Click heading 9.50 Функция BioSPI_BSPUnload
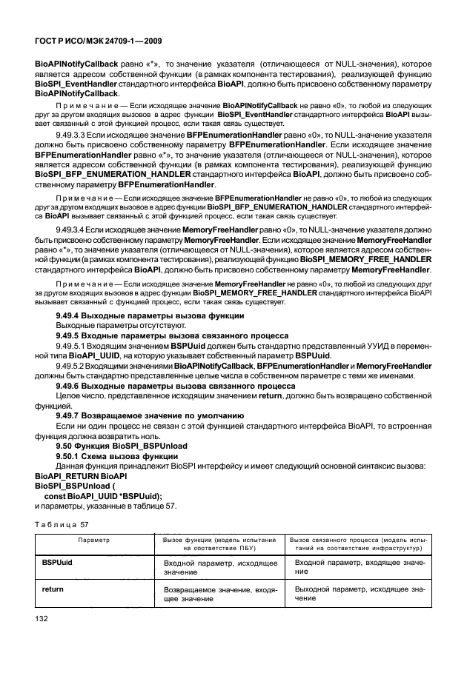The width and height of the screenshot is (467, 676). click(x=122, y=446)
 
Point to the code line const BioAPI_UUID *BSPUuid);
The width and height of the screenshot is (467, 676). click(x=103, y=495)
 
